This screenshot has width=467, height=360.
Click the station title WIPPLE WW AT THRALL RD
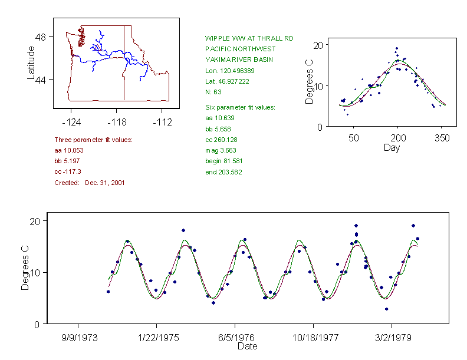(249, 38)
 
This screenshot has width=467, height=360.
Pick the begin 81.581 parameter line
(223, 161)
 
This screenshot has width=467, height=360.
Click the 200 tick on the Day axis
(398, 138)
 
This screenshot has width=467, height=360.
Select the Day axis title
(391, 148)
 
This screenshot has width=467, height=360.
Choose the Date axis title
(247, 346)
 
